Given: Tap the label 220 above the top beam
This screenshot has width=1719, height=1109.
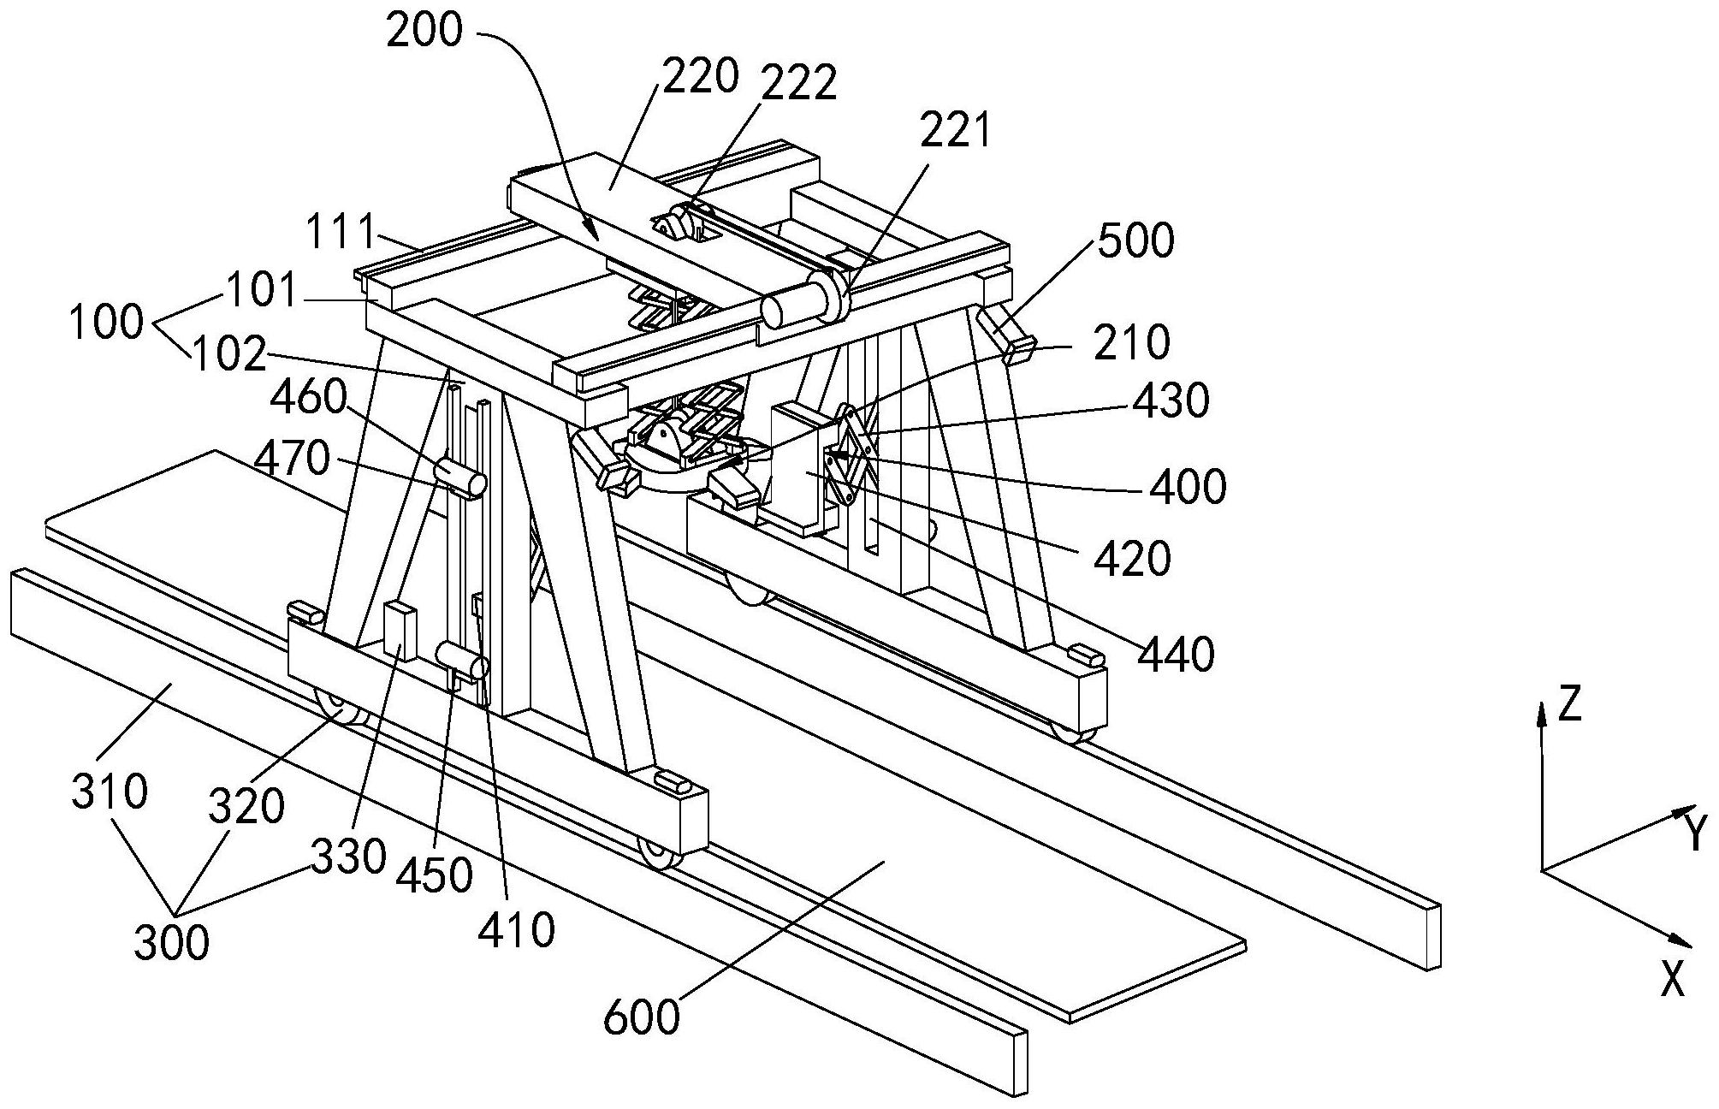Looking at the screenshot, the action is [699, 76].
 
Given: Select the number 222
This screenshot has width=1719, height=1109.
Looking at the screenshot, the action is [797, 84].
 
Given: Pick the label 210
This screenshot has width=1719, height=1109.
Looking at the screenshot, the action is [1130, 341].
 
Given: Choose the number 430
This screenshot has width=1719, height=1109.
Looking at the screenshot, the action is [1171, 400].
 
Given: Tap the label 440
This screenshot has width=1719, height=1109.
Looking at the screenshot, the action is [1176, 655].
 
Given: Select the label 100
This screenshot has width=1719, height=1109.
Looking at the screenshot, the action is [106, 323].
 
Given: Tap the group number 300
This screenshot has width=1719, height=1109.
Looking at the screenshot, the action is [171, 943].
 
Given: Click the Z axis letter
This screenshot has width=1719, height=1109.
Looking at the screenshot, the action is [1569, 704].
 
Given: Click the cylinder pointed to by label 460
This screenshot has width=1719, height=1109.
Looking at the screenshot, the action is [460, 477].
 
